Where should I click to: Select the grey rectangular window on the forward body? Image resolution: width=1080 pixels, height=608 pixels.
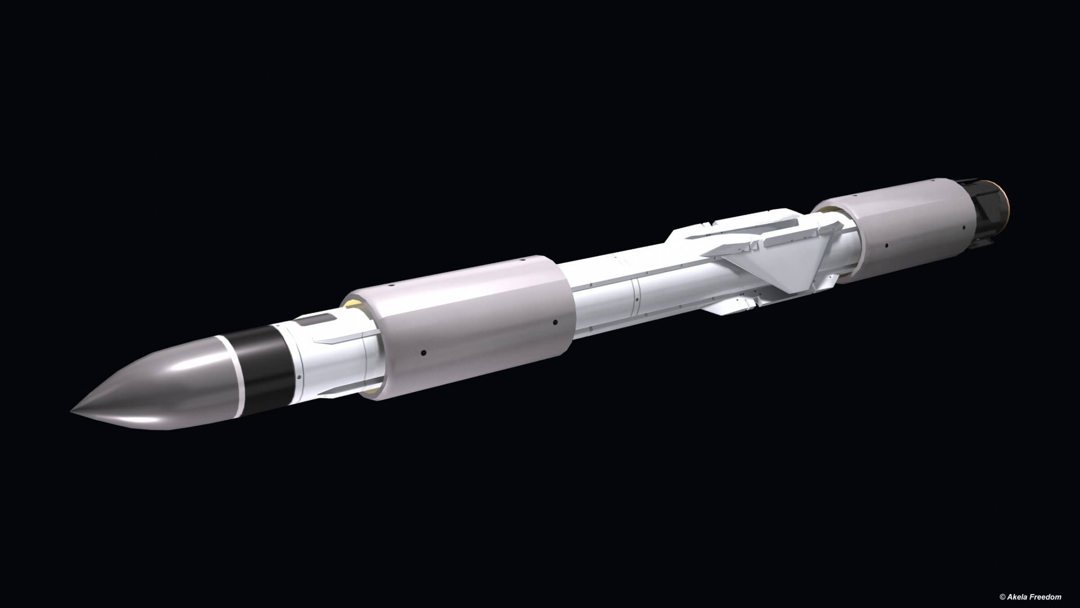(317, 320)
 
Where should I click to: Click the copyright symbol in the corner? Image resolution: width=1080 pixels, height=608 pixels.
(1002, 597)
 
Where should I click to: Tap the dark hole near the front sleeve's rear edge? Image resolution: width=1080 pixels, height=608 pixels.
(555, 322)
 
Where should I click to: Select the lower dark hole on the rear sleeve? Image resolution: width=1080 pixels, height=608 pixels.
(886, 246)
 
